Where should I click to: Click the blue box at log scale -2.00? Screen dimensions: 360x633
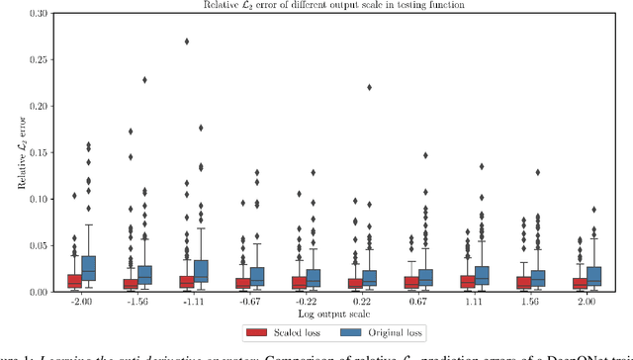[x=89, y=270]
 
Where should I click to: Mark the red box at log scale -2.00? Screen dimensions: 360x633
[x=74, y=281]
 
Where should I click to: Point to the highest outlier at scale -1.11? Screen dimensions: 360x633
[x=187, y=42]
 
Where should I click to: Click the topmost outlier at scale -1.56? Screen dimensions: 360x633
[x=145, y=80]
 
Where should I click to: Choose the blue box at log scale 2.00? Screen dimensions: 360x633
[x=595, y=276]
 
